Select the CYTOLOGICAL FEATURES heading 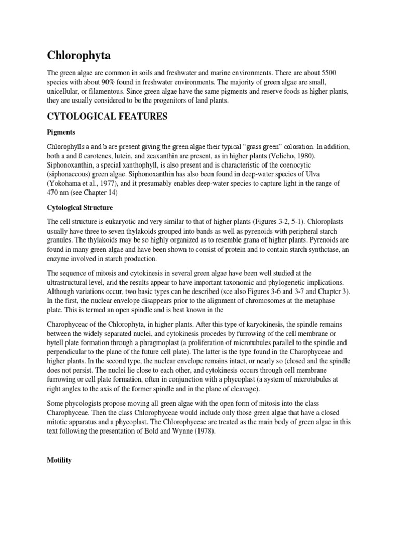click(x=107, y=117)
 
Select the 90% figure click(x=107, y=82)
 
